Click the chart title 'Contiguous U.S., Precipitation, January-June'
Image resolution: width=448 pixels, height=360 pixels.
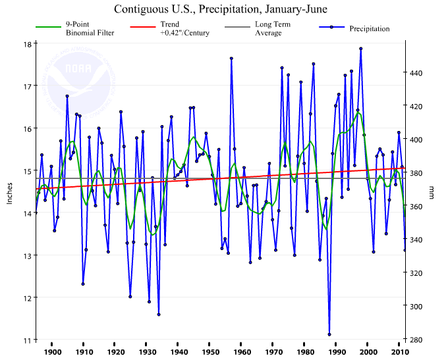coord(220,10)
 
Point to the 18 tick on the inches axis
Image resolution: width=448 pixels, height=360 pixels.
coord(27,44)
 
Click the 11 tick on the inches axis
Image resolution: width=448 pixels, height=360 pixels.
coord(27,340)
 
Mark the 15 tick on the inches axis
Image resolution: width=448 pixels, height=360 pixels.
coord(27,171)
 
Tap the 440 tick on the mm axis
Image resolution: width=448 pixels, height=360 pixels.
coord(417,72)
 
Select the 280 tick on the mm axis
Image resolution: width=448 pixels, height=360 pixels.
coord(417,340)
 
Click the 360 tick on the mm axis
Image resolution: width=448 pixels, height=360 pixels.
coord(417,207)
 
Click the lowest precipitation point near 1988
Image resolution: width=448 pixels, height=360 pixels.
coord(329,334)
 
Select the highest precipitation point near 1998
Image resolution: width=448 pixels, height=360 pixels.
coord(361,49)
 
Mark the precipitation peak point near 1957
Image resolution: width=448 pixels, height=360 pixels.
coord(231,59)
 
